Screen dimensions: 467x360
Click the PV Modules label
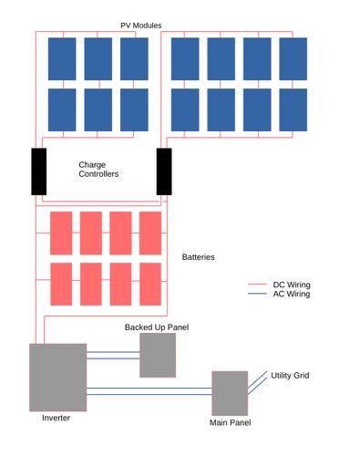click(x=141, y=25)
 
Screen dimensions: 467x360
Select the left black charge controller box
click(x=39, y=171)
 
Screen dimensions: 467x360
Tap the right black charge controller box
click(x=164, y=171)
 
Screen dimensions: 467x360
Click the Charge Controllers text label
click(x=98, y=169)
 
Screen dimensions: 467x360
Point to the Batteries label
click(x=199, y=257)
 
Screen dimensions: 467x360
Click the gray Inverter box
click(x=57, y=377)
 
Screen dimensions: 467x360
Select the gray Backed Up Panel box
click(x=157, y=355)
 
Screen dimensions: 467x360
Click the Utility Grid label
click(x=290, y=375)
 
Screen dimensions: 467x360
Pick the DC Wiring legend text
click(x=292, y=285)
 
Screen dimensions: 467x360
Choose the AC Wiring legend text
click(x=292, y=294)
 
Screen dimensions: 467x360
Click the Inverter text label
click(x=56, y=418)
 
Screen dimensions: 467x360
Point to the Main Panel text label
click(x=230, y=422)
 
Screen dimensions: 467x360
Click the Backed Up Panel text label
click(x=156, y=327)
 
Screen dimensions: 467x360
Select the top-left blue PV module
click(x=62, y=58)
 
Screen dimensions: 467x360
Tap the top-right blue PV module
click(x=293, y=58)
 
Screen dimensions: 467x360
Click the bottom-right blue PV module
click(x=293, y=109)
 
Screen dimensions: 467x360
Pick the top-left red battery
click(x=61, y=233)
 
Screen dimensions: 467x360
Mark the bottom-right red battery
click(x=150, y=284)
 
